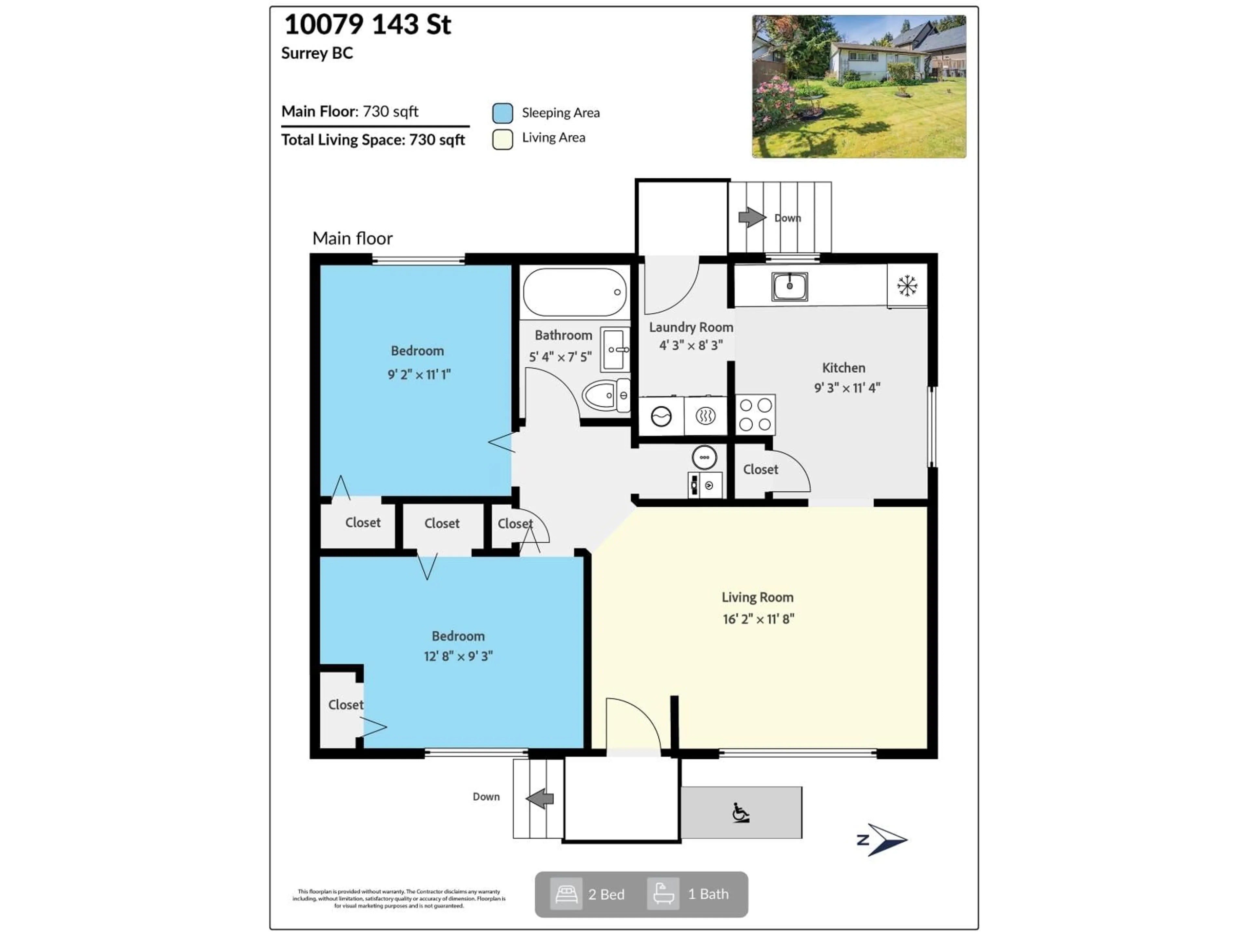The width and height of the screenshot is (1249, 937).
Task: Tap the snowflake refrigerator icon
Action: (x=907, y=286)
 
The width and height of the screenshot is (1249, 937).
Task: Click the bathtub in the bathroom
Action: (x=574, y=292)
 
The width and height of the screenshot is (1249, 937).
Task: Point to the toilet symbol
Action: (x=605, y=395)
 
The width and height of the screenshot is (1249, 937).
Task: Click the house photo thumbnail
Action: (x=858, y=87)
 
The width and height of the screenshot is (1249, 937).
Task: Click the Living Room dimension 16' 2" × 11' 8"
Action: (x=758, y=619)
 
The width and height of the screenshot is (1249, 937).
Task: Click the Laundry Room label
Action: (x=691, y=327)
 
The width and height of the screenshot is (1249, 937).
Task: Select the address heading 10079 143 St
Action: (x=368, y=25)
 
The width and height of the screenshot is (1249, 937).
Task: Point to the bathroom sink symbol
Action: (x=614, y=349)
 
